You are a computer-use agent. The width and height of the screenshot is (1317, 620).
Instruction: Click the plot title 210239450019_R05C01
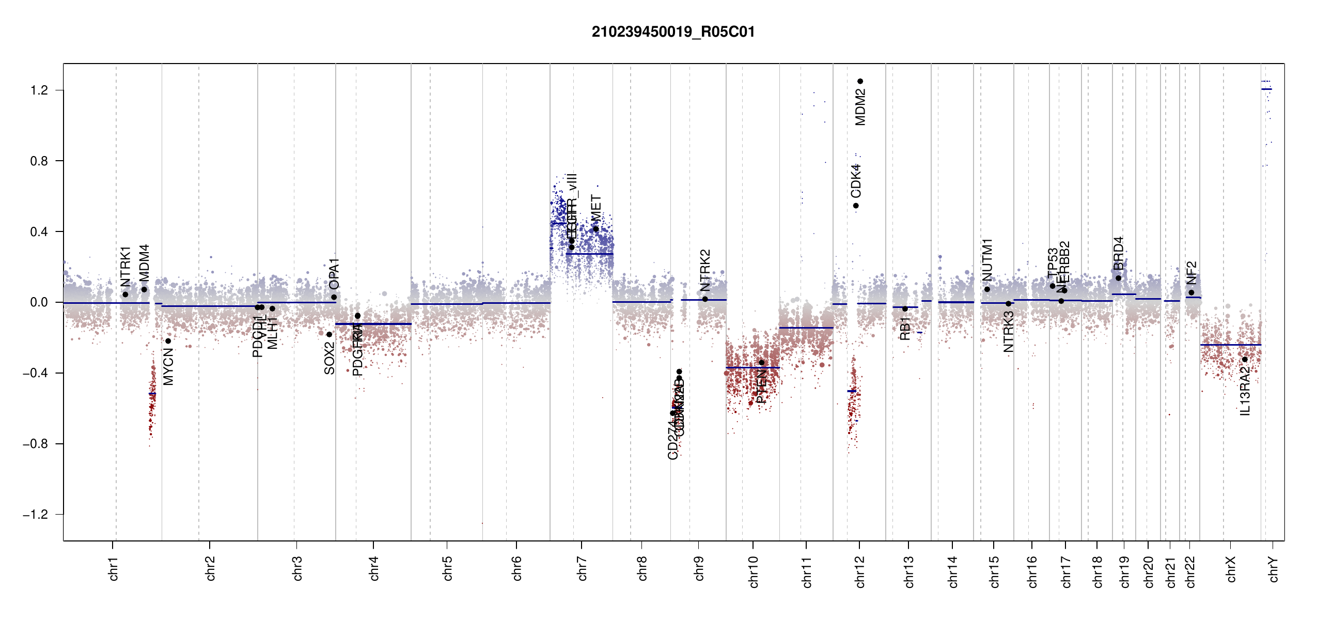(673, 32)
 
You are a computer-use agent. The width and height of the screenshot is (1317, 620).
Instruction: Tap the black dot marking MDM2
(860, 81)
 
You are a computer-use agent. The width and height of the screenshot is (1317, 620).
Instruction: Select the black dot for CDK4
(856, 206)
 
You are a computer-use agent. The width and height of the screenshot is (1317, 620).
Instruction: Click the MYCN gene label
(168, 367)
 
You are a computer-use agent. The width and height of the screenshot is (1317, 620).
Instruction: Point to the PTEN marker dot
(761, 363)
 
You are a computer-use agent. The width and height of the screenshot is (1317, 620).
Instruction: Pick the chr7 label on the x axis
(582, 568)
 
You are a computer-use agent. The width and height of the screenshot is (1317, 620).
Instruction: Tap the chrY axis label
(1273, 569)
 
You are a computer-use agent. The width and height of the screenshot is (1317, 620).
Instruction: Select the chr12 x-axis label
(859, 571)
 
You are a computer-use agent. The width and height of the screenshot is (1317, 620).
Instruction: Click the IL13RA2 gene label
(1245, 392)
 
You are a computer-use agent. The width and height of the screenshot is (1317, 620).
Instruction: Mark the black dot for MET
(595, 229)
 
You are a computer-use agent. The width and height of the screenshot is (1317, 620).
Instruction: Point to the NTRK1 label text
(126, 267)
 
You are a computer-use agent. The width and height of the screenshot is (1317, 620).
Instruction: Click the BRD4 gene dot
(1118, 278)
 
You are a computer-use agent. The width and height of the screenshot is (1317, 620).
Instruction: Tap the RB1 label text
(905, 329)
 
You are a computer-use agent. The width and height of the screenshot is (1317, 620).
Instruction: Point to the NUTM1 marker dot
(987, 289)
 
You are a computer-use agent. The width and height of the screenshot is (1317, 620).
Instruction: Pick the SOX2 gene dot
(330, 334)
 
